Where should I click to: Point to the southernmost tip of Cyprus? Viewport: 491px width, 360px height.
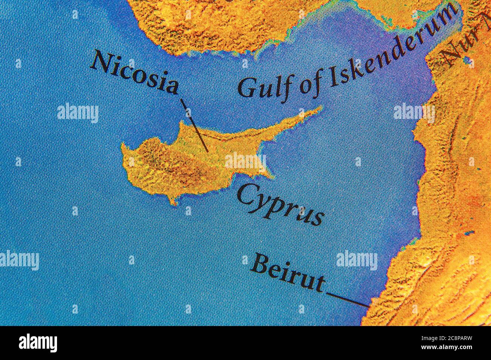pyautogui.click(x=173, y=204)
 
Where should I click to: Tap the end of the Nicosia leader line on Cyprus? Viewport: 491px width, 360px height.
pyautogui.click(x=207, y=151)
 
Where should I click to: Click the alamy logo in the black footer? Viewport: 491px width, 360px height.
pyautogui.click(x=38, y=343)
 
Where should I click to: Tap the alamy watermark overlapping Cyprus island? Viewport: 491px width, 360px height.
pyautogui.click(x=246, y=162)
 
